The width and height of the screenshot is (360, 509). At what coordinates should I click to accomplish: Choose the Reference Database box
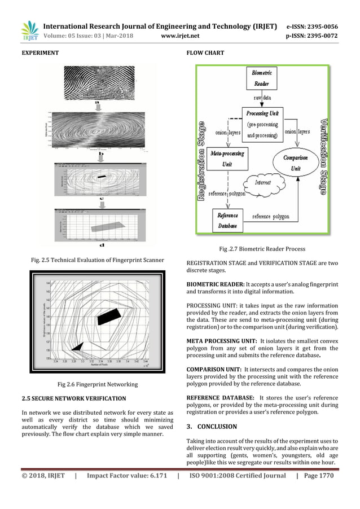tap(227, 220)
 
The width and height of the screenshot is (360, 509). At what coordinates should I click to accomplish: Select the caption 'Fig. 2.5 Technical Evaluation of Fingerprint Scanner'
tap(97, 260)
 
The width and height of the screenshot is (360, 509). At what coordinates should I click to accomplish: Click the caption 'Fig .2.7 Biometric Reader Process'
tap(262, 248)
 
